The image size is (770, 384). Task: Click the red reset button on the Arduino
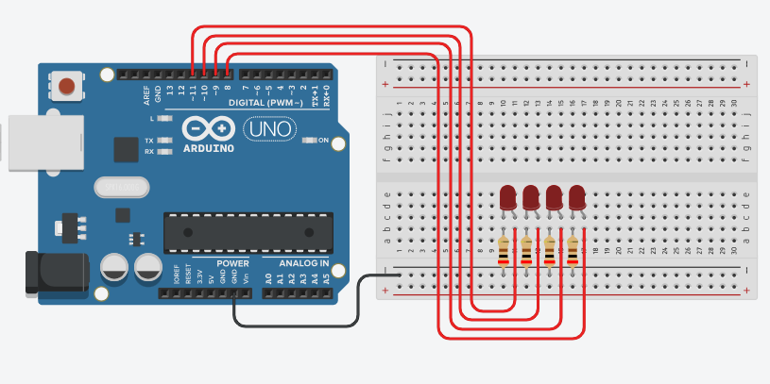click(x=67, y=87)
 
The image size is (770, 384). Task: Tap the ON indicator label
click(x=324, y=141)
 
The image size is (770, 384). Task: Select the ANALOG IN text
click(x=296, y=263)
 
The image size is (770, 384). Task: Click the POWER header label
click(x=232, y=263)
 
